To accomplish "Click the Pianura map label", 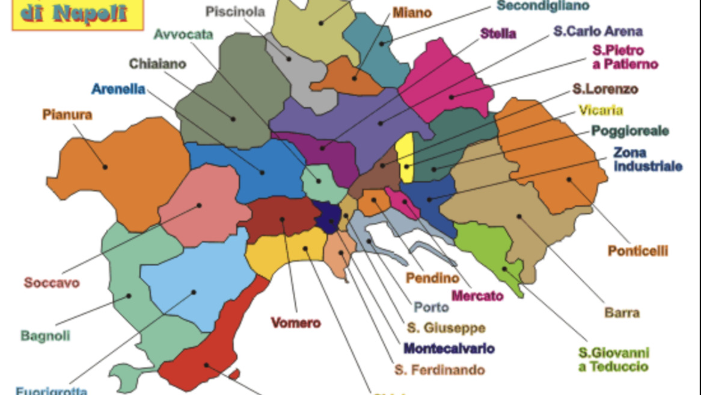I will (67, 114).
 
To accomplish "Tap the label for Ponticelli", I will (637, 251).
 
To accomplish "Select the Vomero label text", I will (296, 323).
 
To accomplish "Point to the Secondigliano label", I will (543, 6).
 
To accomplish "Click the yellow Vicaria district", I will (406, 158).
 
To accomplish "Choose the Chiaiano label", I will (158, 63).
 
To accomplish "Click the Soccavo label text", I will (52, 282).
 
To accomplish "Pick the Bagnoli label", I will (45, 335).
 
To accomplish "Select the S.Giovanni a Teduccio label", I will (613, 359).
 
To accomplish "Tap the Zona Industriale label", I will (647, 159).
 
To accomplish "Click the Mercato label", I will (477, 296).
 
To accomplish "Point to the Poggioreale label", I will (629, 131).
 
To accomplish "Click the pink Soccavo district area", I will (201, 208).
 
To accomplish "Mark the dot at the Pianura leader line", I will (105, 167).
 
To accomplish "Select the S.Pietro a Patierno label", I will (625, 57).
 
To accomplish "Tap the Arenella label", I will (118, 89).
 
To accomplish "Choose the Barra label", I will (622, 313).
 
